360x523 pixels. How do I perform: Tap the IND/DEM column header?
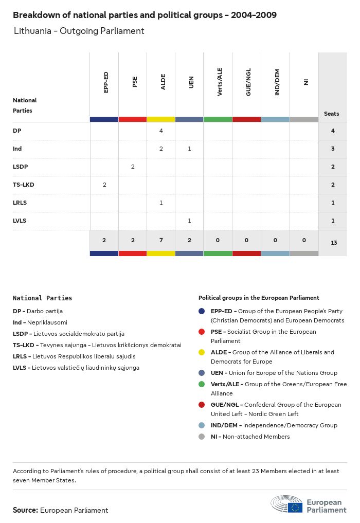[277, 84]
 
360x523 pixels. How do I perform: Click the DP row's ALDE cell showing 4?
[161, 131]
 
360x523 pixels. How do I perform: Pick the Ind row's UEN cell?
[189, 149]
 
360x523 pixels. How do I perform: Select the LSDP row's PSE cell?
[133, 167]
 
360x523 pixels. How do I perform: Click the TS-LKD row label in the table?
[24, 185]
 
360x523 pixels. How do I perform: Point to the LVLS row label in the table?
[20, 221]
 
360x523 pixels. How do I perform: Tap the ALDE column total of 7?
[161, 240]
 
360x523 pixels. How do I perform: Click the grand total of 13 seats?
[333, 242]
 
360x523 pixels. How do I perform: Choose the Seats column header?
[332, 114]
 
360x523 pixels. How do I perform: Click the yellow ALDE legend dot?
[202, 352]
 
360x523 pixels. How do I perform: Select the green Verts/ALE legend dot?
[202, 384]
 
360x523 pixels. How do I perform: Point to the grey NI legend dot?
[202, 437]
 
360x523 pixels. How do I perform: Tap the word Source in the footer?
[25, 510]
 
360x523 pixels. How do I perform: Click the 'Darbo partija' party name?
[45, 311]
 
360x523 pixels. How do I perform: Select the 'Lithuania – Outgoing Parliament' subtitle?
[79, 31]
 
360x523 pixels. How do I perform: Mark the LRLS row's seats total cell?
[333, 203]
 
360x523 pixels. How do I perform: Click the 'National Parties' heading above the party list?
[42, 298]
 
